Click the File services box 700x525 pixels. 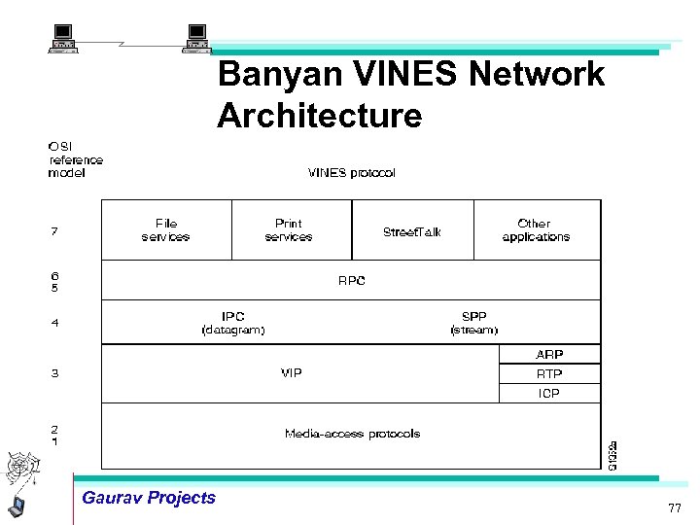point(166,229)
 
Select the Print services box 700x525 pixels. point(291,229)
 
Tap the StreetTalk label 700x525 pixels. point(412,231)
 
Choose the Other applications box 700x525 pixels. point(536,229)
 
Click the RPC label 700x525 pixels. point(351,281)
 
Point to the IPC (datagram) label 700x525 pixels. point(233,323)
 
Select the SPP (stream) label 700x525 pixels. point(473,323)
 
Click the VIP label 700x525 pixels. point(291,373)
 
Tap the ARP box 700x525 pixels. point(549,355)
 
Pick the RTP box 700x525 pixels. point(549,374)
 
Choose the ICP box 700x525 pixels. point(549,394)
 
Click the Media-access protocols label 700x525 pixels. point(352,434)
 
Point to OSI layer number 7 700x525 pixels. point(54,231)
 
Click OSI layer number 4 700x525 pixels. point(54,323)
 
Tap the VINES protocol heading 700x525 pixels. point(351,173)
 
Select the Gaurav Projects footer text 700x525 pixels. point(149,498)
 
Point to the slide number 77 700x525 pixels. point(674,508)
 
